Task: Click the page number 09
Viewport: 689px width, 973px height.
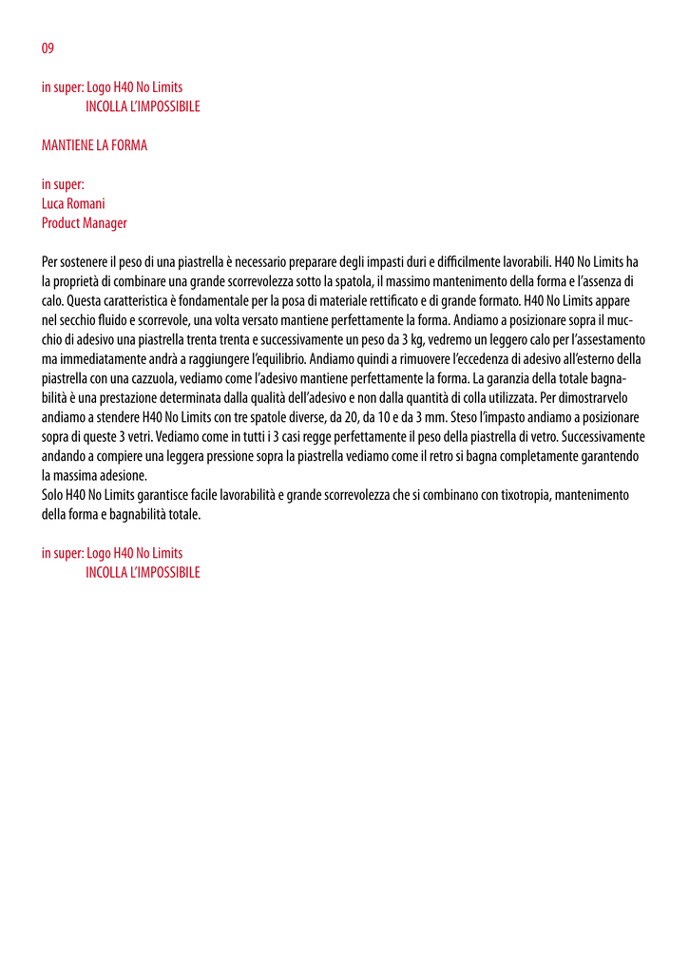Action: point(48,48)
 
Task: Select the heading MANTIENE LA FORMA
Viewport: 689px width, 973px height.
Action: point(94,145)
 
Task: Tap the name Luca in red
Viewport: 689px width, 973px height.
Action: point(52,203)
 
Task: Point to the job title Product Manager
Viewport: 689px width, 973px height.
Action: point(84,223)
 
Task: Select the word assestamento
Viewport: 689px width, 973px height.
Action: point(607,339)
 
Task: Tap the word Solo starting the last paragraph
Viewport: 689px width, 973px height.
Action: point(53,495)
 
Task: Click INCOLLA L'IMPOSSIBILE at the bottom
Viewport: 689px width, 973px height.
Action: point(143,572)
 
